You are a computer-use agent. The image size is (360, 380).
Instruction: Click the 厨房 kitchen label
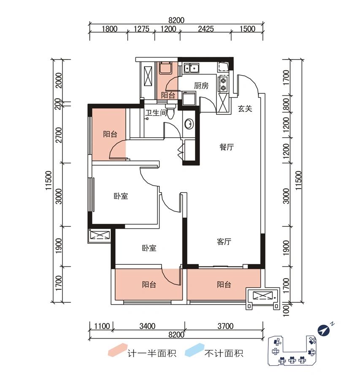pos(201,85)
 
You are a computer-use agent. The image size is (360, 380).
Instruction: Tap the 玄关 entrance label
pos(245,109)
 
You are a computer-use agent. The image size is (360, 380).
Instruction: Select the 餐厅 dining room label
pos(227,147)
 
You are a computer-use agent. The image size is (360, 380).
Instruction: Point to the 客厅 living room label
pos(224,242)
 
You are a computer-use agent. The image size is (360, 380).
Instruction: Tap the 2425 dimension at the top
pos(206,29)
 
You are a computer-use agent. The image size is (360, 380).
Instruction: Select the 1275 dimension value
pos(141,29)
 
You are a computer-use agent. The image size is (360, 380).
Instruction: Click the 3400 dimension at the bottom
pos(147,326)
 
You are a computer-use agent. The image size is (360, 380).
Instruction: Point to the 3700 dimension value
pos(226,326)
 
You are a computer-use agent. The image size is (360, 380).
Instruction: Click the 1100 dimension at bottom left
pos(102,326)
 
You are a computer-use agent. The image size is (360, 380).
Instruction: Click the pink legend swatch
pos(116,352)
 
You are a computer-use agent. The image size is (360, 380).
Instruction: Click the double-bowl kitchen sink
pos(192,68)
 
